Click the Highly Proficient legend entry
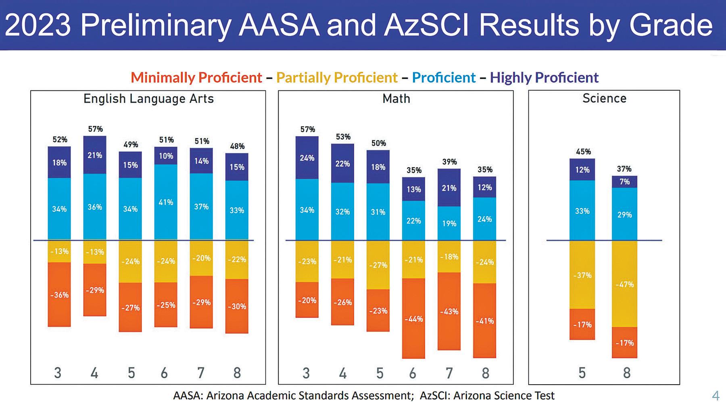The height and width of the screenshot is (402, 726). [x=544, y=77]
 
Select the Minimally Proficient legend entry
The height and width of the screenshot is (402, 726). [x=196, y=77]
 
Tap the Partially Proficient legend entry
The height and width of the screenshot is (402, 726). [x=337, y=77]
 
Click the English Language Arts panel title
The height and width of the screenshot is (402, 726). [x=148, y=99]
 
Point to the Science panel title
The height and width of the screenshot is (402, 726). [x=604, y=99]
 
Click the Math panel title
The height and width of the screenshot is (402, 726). [x=396, y=99]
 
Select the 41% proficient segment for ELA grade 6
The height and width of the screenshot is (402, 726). [x=166, y=202]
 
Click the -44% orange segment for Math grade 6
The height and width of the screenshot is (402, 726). [x=414, y=319]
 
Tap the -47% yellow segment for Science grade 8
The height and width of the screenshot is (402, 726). [x=624, y=284]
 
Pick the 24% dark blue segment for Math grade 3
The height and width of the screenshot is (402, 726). [x=307, y=158]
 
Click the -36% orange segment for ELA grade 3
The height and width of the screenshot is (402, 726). [x=59, y=295]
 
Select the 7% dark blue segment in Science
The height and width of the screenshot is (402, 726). [x=624, y=182]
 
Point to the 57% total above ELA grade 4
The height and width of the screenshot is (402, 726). [x=95, y=129]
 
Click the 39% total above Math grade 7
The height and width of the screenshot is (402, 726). [x=449, y=162]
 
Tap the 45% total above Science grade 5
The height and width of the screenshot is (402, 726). [x=583, y=152]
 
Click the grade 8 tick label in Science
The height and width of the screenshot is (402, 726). [x=626, y=373]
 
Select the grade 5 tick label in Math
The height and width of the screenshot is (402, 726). [x=380, y=373]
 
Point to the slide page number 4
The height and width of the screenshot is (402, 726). [x=716, y=395]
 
